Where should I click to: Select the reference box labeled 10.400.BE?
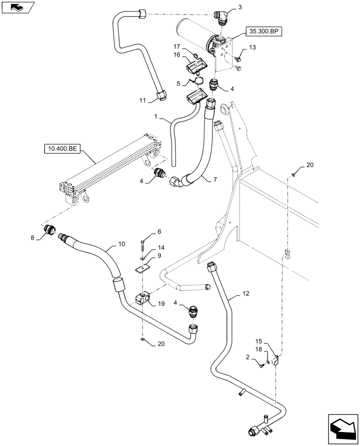(61, 148)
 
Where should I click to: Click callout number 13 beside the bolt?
(253, 47)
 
